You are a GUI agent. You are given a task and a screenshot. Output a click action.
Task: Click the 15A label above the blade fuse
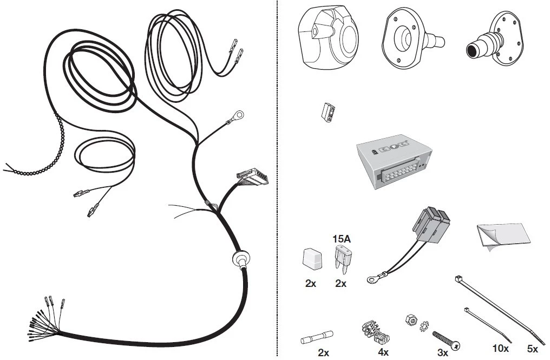coord(341,239)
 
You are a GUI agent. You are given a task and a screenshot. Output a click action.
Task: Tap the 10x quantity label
coord(501,349)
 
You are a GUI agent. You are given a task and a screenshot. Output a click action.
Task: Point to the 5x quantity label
coord(533,349)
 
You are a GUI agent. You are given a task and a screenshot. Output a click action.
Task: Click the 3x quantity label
coord(443,352)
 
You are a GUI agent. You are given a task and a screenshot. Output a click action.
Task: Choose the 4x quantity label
coord(383,352)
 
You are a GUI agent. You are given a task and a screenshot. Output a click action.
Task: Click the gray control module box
coord(394,161)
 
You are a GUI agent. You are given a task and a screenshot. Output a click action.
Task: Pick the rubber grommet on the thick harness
coord(241,260)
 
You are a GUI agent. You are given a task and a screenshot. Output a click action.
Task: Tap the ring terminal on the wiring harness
coord(239,114)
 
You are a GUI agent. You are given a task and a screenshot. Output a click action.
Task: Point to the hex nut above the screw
coord(411,319)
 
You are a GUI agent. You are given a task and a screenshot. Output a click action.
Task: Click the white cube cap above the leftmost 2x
coord(312,259)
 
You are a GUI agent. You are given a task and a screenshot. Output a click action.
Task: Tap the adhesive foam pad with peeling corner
coord(503,236)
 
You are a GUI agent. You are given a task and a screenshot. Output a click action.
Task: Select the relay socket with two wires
coord(431,225)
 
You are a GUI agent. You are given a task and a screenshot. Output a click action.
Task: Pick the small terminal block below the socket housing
coord(328,112)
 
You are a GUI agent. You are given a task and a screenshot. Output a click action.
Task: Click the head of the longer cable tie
coord(457,279)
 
